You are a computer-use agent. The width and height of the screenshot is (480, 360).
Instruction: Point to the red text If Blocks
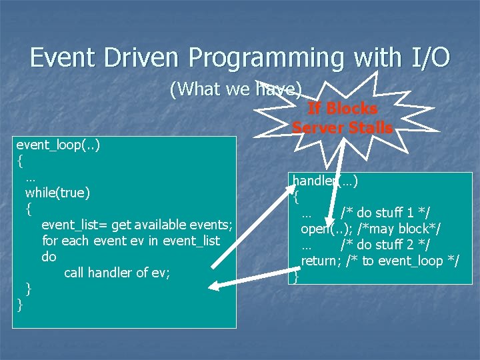(x=342, y=109)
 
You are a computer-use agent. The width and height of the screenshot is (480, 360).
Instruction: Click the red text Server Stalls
(x=342, y=127)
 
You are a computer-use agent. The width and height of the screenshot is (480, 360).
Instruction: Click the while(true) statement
(x=57, y=193)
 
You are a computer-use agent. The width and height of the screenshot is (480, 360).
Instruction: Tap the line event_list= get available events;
(x=137, y=225)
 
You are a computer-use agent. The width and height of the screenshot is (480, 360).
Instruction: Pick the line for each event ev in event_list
(x=131, y=241)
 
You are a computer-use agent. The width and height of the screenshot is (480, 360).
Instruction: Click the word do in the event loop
(x=49, y=257)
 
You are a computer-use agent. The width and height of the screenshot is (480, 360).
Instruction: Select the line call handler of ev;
(x=117, y=273)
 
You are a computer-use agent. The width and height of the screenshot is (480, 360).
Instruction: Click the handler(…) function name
(x=325, y=181)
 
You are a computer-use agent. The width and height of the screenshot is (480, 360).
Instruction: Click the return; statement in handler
(x=321, y=261)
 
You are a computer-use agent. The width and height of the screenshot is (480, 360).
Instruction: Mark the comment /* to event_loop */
(x=403, y=261)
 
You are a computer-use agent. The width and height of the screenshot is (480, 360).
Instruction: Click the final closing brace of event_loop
(x=20, y=305)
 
